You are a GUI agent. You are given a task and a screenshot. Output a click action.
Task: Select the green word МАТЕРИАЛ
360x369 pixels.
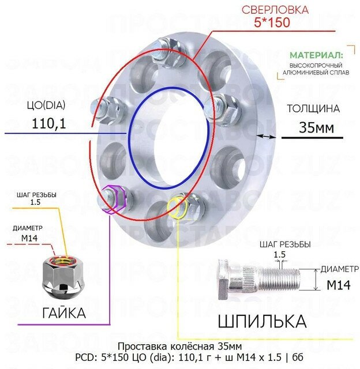[316, 55]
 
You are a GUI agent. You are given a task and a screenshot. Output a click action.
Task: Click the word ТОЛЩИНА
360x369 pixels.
[313, 108]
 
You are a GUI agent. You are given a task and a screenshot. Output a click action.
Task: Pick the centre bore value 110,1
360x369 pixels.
[49, 122]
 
